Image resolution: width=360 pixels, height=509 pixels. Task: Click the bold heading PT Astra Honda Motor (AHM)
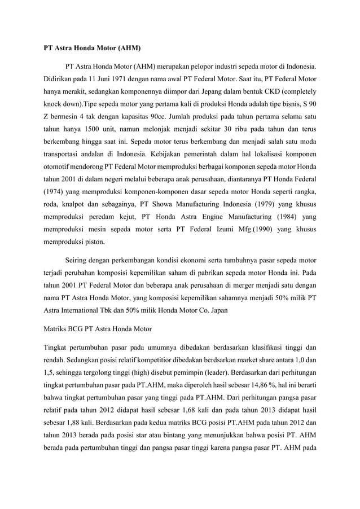coord(92,47)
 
